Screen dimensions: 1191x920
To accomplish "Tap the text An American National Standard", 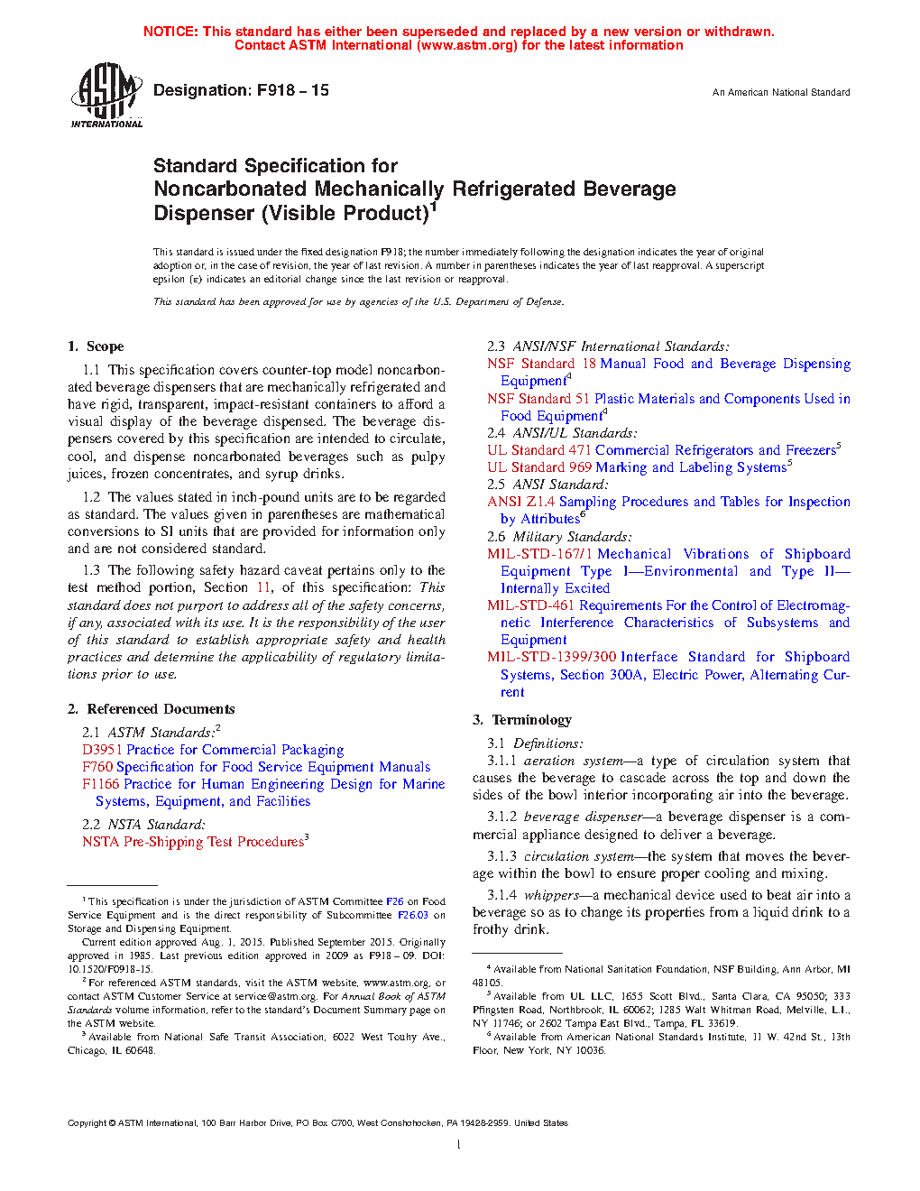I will point(780,92).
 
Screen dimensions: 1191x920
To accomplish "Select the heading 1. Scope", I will point(96,346).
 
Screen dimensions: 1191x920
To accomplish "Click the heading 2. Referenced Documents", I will point(151,709).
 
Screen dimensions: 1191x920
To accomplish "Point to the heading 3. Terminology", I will point(522,720).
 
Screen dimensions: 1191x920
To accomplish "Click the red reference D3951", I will point(102,750).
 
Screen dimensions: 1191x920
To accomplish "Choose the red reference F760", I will point(97,767).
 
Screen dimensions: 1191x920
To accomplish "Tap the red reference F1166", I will point(100,784).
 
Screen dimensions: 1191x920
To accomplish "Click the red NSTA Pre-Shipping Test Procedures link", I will point(193,842).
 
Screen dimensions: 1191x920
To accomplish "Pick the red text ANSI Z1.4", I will point(520,502).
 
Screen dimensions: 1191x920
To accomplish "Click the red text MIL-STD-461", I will point(530,605).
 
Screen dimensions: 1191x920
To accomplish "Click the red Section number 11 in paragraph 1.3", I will point(263,587).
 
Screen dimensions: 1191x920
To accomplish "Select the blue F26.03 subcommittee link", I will point(413,915).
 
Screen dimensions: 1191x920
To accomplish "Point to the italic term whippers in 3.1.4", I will point(551,895).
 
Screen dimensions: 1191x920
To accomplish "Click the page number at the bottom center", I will point(459,1144).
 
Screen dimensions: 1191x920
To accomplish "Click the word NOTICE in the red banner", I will point(170,32).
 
